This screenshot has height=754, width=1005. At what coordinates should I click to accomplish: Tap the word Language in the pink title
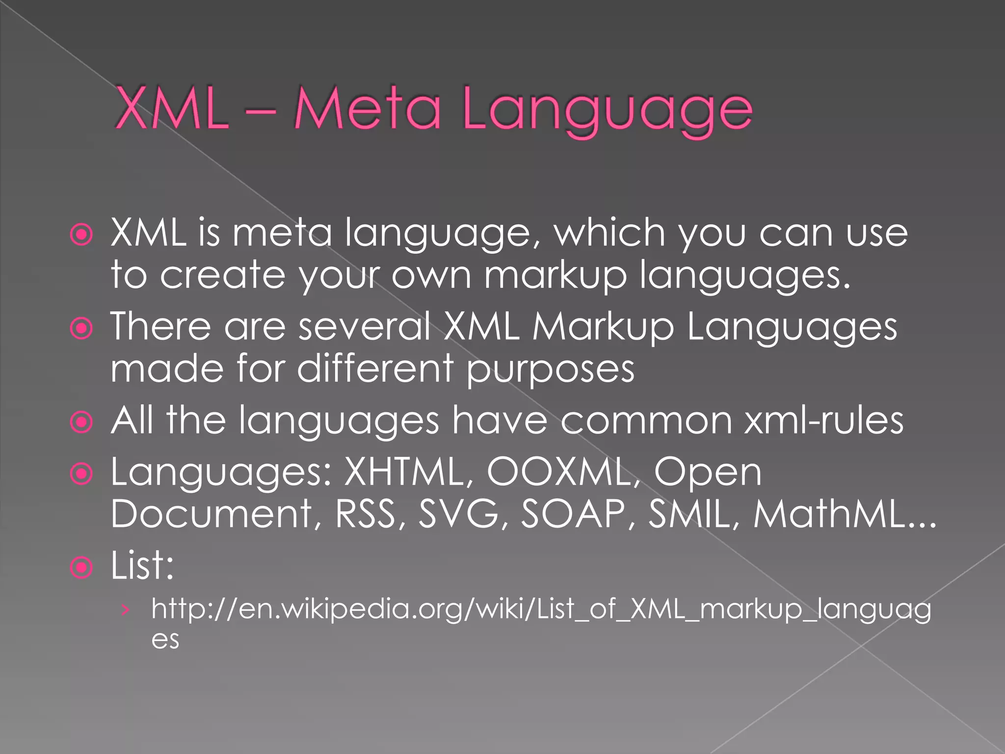607,111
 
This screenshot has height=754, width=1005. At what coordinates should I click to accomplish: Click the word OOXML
563,472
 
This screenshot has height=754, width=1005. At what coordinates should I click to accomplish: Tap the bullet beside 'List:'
81,568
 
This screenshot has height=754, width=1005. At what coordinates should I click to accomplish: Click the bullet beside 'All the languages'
81,423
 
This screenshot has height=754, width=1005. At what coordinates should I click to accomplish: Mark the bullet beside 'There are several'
81,328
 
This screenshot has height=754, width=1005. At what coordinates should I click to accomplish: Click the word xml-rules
823,421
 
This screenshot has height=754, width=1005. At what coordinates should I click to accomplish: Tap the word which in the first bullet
609,232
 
